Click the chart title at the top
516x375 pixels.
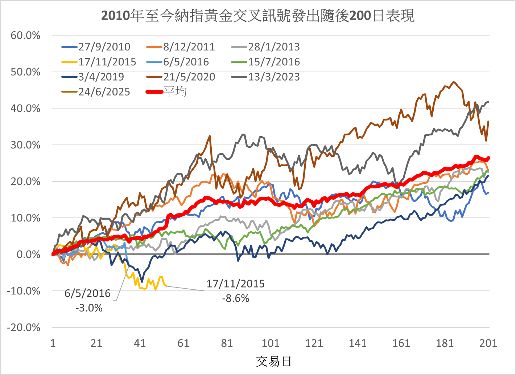pyautogui.click(x=257, y=16)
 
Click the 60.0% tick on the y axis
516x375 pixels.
pyautogui.click(x=26, y=36)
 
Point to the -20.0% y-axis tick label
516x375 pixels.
pyautogui.click(x=24, y=327)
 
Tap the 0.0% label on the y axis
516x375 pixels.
pyautogui.click(x=28, y=254)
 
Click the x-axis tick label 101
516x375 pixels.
pyautogui.click(x=271, y=343)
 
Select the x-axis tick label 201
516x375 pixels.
pyautogui.click(x=488, y=343)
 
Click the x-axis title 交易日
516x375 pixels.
pyautogui.click(x=273, y=362)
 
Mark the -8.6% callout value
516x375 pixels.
pyautogui.click(x=236, y=298)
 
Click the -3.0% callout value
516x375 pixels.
pyautogui.click(x=89, y=308)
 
